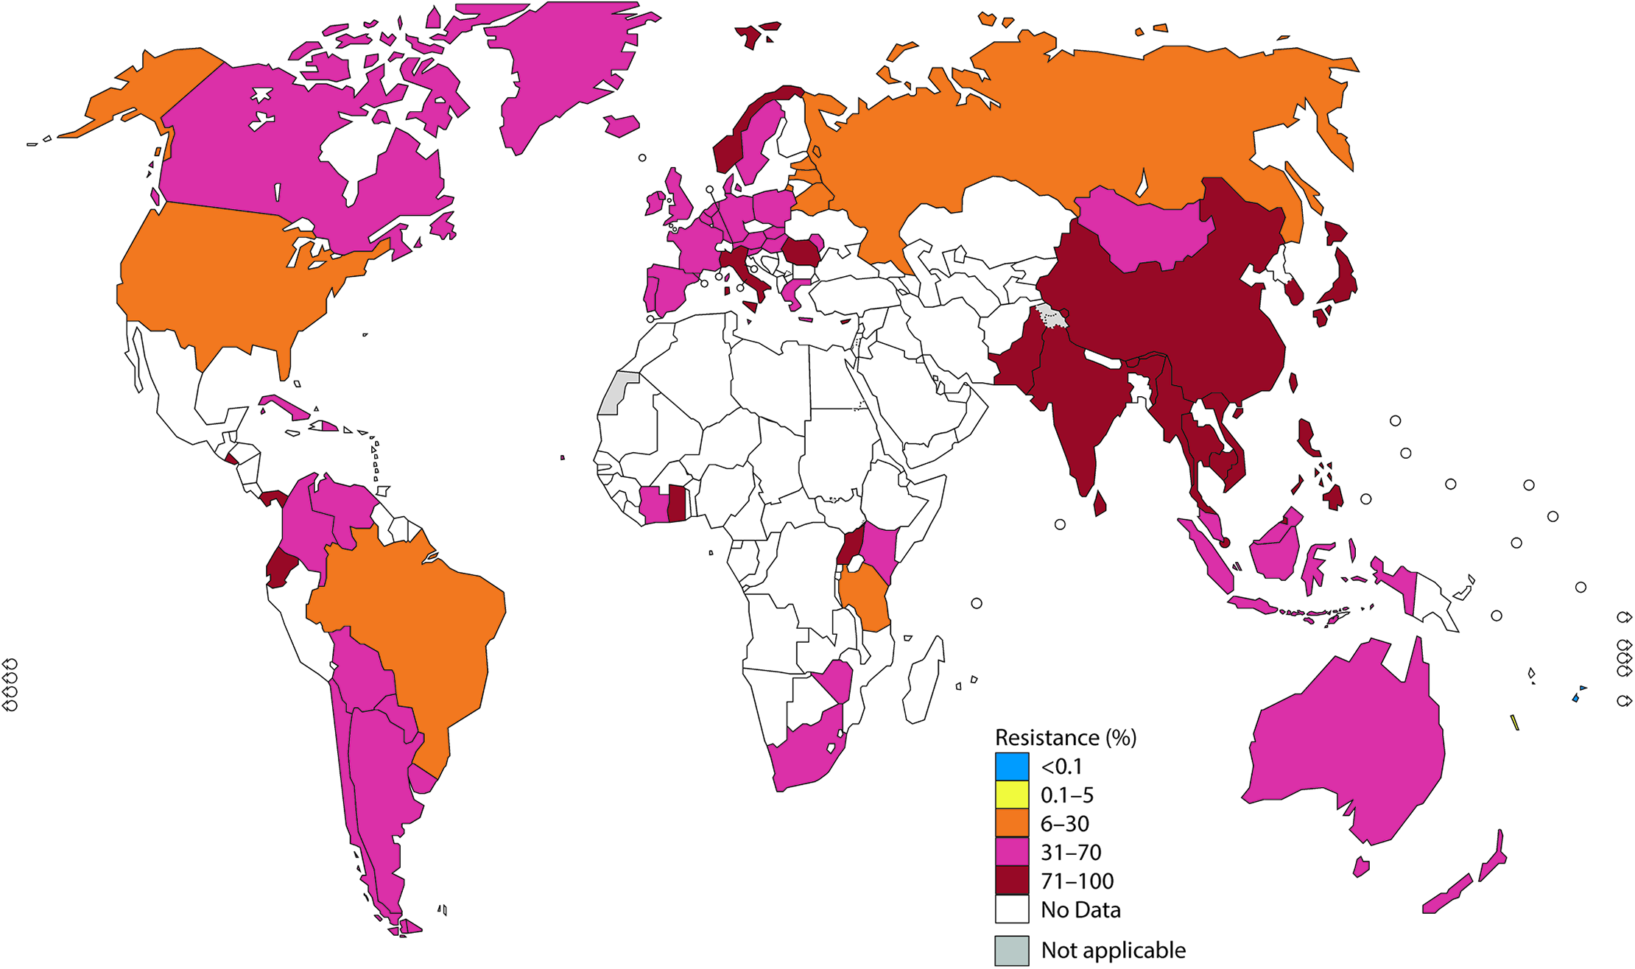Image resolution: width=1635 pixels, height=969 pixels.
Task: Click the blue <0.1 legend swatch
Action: [1012, 767]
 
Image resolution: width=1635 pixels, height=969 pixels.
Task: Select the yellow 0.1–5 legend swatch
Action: [1012, 795]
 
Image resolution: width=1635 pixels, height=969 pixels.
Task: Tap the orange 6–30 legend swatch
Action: [1012, 823]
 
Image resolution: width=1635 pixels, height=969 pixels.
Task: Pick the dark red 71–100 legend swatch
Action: [1012, 881]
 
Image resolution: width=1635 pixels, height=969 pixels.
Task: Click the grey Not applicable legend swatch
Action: [1012, 951]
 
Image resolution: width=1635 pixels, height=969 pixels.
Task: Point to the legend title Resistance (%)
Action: [1065, 737]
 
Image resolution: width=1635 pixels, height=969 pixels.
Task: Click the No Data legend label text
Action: [1080, 910]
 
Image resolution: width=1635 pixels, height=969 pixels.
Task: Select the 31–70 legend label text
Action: [1071, 853]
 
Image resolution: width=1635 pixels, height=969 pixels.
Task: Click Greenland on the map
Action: [560, 66]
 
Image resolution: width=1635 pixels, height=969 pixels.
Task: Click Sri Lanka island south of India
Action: [1100, 504]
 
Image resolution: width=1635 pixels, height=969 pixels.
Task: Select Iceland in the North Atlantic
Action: [621, 126]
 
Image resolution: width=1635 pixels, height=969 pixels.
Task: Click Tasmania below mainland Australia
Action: [1361, 867]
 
